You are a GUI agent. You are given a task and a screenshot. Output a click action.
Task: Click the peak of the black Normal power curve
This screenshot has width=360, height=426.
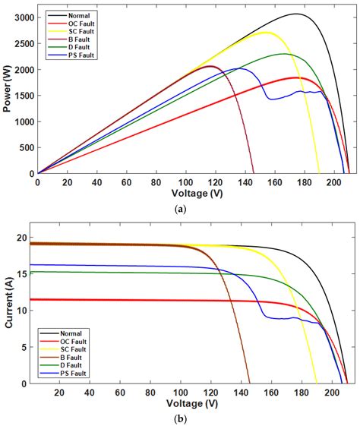[x=297, y=14]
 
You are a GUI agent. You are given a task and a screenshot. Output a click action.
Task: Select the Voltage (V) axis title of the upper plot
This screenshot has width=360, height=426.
[x=193, y=194]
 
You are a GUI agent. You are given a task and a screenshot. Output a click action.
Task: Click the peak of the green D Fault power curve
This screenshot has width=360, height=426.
[x=284, y=54]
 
